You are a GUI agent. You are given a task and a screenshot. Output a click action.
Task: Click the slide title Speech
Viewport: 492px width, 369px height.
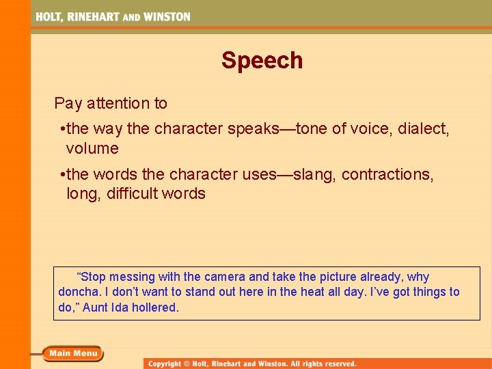[262, 61]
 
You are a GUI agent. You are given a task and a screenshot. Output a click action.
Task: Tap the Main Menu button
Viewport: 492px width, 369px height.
[72, 353]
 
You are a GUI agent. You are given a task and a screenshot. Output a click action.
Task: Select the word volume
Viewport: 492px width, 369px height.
[92, 148]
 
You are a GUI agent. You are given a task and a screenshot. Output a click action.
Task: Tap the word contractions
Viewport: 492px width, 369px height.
[387, 174]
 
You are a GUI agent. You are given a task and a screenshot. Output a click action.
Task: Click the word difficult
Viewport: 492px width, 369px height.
[132, 193]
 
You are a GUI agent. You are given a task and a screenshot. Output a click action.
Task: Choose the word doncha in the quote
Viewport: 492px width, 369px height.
[79, 292]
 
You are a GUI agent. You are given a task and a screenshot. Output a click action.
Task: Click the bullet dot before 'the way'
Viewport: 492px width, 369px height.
[62, 129]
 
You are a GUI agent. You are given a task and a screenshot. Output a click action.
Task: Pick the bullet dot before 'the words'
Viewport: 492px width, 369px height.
[62, 175]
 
